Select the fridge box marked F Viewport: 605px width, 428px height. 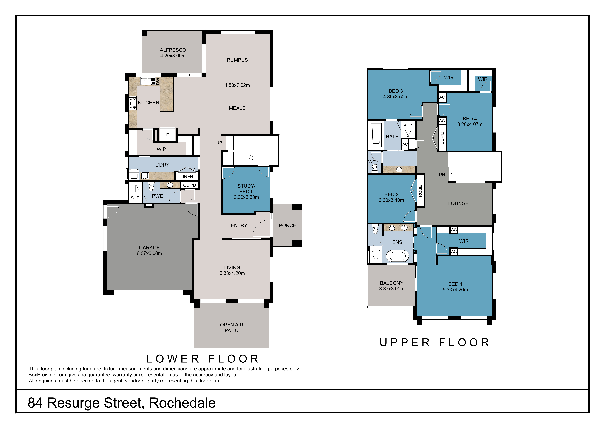point(167,135)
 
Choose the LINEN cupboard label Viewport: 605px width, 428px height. point(187,176)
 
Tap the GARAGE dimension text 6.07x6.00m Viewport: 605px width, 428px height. point(149,253)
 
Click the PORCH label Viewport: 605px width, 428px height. point(288,225)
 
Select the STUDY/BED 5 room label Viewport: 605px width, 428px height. point(246,191)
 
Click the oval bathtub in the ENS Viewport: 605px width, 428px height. point(398,256)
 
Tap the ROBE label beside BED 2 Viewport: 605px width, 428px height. point(420,191)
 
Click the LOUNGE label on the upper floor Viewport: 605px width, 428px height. point(458,203)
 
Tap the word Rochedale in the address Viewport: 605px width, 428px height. point(182,403)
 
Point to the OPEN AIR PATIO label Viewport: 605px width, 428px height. point(232,327)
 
